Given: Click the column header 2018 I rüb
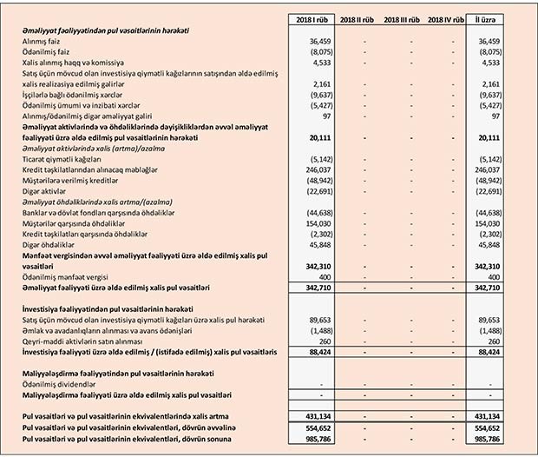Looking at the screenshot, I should pos(310,18).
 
